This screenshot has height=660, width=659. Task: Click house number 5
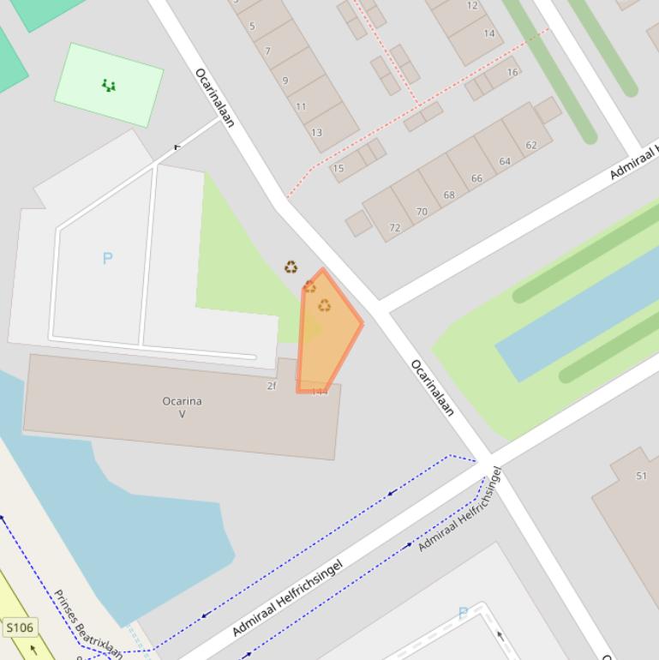coord(252,27)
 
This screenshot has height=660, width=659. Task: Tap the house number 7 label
coord(267,51)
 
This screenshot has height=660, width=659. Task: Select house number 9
coord(285,81)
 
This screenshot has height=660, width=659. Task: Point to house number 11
coord(301,107)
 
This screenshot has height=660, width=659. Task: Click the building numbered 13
coord(317,133)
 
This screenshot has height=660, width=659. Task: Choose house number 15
coord(338,168)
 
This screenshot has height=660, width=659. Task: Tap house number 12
coord(473,5)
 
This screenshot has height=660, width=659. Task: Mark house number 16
coord(512,72)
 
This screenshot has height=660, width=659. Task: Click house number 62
coord(531,145)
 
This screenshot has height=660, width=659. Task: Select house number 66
coord(476,178)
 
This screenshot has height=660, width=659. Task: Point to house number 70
coord(421,211)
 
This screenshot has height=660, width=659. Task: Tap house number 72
coord(394,228)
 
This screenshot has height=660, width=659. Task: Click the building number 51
coord(641,476)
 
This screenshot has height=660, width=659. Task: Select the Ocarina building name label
coord(182,401)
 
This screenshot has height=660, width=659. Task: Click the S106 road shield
coord(20,627)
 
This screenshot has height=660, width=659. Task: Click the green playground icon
coord(109,85)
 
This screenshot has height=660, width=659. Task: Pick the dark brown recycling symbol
coord(291,267)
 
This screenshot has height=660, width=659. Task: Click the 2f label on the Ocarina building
coord(272,386)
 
